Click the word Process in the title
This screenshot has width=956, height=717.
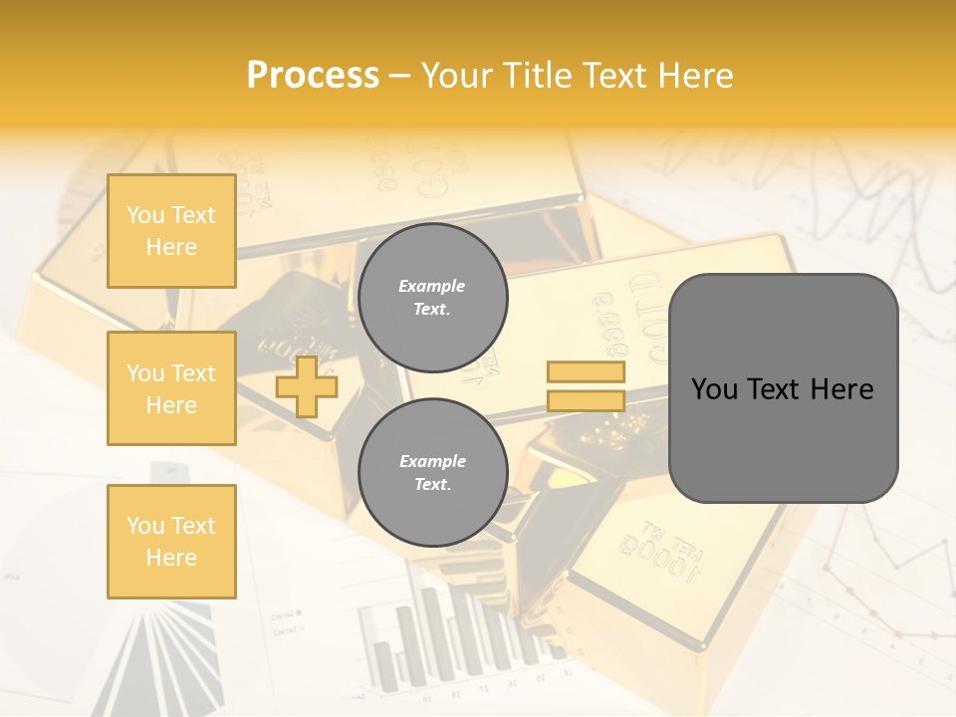tap(313, 76)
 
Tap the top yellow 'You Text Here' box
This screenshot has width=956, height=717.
tap(171, 231)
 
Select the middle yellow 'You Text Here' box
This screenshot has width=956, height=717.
tap(171, 388)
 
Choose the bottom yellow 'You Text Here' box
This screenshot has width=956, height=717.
tap(171, 541)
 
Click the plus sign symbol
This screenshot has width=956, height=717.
tap(307, 386)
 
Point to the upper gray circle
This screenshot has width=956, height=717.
tap(432, 298)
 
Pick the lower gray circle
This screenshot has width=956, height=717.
tap(432, 473)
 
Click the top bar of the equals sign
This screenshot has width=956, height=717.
tap(586, 372)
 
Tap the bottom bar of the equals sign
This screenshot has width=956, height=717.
tap(586, 400)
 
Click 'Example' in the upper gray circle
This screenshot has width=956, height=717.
tap(432, 286)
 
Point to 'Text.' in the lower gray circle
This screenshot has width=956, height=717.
tap(432, 485)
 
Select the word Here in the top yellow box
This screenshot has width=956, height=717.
tap(171, 247)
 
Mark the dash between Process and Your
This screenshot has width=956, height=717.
tap(400, 76)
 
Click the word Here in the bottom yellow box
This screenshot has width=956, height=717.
tap(171, 558)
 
